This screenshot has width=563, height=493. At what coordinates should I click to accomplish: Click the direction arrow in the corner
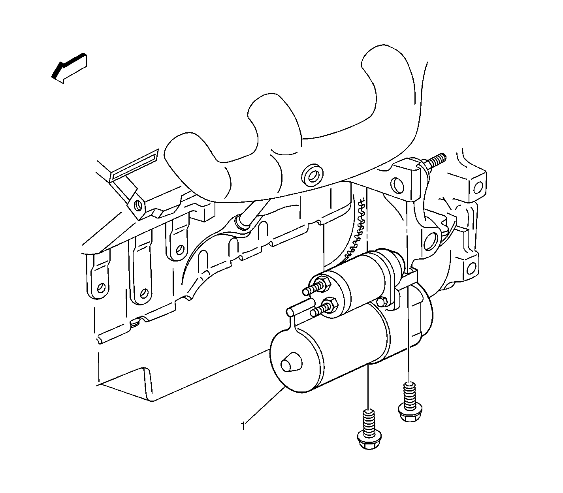(x=69, y=68)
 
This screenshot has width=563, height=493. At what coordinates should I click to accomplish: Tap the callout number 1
(x=243, y=426)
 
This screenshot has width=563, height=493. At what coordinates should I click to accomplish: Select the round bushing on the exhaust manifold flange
(x=312, y=176)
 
